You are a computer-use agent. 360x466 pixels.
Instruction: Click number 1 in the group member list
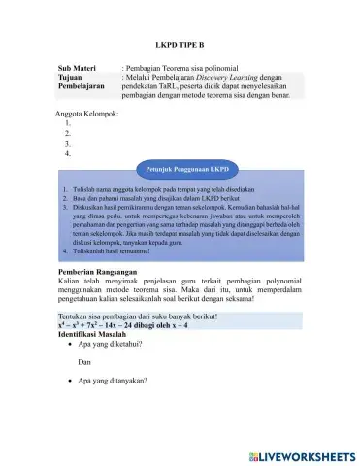click(67, 123)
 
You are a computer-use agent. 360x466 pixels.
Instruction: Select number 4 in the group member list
click(67, 153)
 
